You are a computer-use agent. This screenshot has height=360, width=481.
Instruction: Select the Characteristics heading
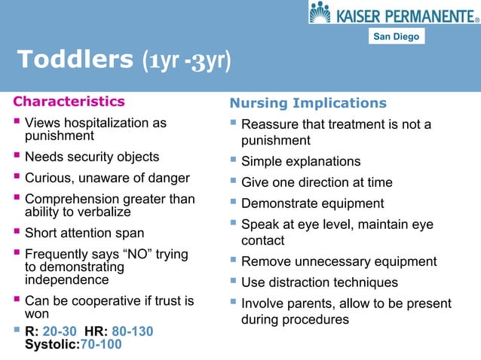69,101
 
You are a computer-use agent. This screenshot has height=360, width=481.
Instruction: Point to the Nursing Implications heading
308,103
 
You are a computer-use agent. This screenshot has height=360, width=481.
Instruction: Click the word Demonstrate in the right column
279,203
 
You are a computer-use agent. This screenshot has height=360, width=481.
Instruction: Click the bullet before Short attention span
17,233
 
